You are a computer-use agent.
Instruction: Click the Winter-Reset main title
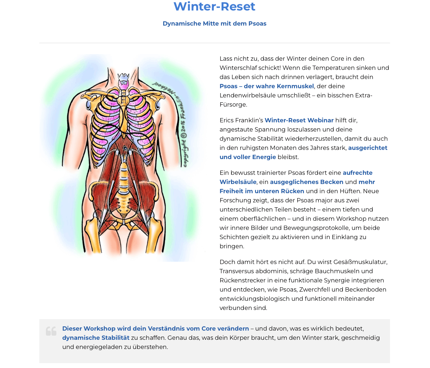(x=214, y=7)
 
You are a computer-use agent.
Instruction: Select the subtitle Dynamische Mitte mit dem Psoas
(x=214, y=24)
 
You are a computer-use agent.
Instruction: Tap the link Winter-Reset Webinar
(x=299, y=120)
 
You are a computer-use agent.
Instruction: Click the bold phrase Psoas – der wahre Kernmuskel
(x=267, y=86)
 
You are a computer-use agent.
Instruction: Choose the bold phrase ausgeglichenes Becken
(x=307, y=182)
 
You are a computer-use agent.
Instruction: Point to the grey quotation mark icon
(x=51, y=331)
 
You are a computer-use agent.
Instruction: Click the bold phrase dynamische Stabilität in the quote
(x=96, y=337)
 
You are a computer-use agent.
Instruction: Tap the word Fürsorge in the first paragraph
(x=233, y=105)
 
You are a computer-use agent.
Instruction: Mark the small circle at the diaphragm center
(x=125, y=148)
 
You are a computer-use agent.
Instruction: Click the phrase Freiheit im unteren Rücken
(x=262, y=191)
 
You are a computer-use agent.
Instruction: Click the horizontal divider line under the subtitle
(x=215, y=43)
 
